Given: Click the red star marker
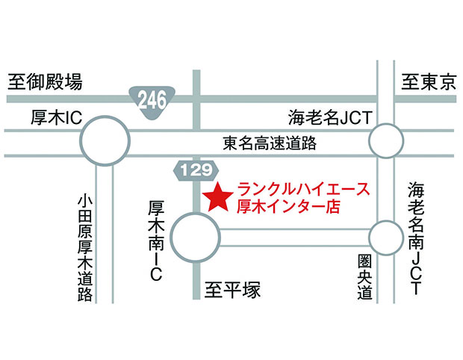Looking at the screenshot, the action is tap(218, 198).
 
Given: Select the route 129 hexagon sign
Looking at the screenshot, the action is tap(196, 170).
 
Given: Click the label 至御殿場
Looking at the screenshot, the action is tap(45, 82).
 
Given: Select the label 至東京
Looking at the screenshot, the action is tap(429, 82).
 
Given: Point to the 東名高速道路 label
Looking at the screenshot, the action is tap(270, 143).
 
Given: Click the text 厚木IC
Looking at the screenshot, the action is tap(57, 117).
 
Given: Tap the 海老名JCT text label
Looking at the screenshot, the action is tap(330, 117).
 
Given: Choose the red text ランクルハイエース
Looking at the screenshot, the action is tap(303, 189).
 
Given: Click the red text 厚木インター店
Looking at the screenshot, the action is tap(288, 206).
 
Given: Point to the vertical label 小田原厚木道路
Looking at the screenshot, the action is tap(85, 248).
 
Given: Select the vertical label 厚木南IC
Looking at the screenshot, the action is tap(156, 240).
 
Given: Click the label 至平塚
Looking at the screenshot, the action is tap(232, 290).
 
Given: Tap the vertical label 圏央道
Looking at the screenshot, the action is tap(365, 277).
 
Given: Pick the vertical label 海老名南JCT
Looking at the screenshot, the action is tap(416, 238).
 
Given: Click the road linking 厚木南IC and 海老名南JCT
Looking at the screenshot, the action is tap(294, 238).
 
